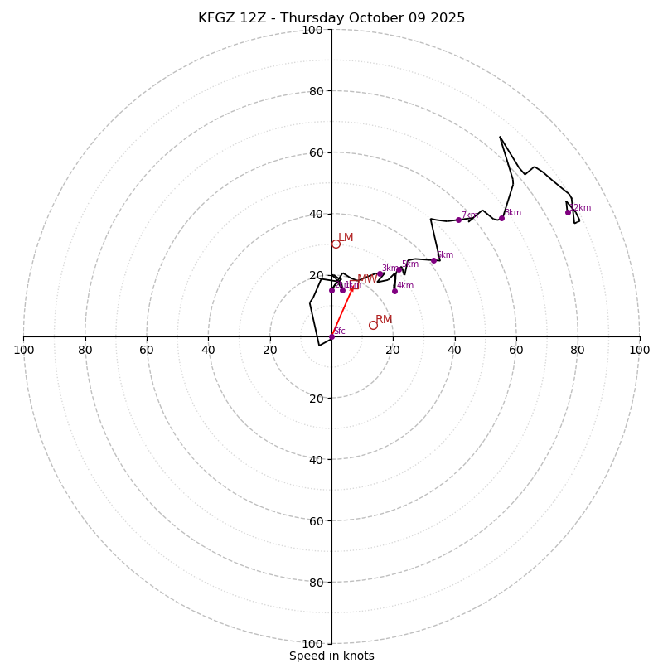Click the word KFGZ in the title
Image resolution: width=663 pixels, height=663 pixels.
click(x=217, y=18)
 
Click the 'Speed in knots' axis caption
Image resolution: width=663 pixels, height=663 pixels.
click(x=331, y=656)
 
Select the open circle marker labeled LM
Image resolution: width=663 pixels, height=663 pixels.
click(x=336, y=244)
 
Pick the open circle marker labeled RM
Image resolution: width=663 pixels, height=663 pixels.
click(x=373, y=325)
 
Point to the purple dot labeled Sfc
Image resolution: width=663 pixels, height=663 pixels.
click(x=331, y=336)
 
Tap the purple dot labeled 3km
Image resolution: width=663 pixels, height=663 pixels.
click(x=380, y=273)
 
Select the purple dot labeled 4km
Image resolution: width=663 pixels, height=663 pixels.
click(x=394, y=291)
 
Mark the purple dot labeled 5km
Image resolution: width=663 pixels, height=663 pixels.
click(x=399, y=269)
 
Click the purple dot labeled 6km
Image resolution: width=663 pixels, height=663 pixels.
click(x=433, y=260)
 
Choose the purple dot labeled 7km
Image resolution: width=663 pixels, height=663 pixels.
click(x=458, y=220)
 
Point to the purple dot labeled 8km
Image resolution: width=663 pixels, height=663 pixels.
click(x=501, y=218)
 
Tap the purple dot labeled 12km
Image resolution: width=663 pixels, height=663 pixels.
click(x=568, y=212)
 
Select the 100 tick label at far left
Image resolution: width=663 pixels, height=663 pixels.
click(x=23, y=350)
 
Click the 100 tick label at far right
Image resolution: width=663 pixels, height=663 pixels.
click(x=639, y=350)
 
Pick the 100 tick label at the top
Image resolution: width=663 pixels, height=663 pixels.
click(x=312, y=30)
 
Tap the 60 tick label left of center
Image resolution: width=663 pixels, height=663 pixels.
click(x=147, y=350)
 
